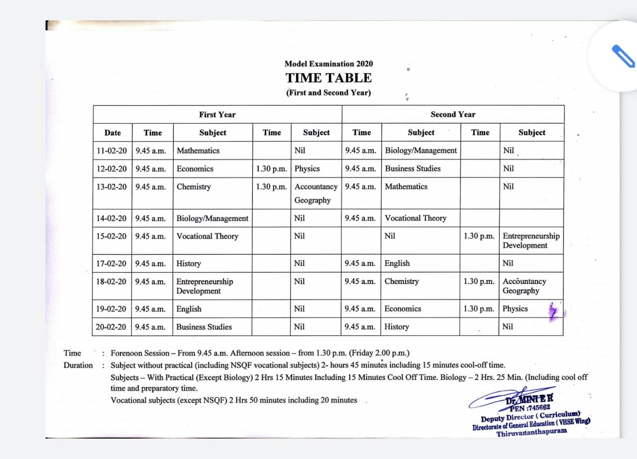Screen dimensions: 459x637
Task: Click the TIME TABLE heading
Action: (328, 78)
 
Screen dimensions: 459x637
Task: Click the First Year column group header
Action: (217, 114)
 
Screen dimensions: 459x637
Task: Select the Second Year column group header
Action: (453, 114)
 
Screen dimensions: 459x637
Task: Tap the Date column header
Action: (112, 133)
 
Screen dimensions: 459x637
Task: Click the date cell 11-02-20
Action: (112, 151)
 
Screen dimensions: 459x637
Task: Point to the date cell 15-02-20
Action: (112, 236)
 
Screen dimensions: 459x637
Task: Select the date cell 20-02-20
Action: (112, 327)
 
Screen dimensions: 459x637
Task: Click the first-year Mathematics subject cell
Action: (198, 151)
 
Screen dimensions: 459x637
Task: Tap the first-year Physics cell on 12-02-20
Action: (307, 169)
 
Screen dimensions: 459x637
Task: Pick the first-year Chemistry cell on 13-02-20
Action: (194, 187)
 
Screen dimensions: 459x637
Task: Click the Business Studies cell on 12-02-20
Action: (413, 169)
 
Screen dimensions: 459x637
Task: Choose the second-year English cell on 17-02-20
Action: (397, 263)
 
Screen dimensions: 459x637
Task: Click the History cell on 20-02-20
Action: (397, 327)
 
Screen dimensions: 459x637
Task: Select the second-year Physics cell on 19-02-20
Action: (515, 309)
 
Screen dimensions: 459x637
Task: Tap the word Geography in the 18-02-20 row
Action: (521, 291)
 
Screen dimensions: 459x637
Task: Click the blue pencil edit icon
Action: (622, 56)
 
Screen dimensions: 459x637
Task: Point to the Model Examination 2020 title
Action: (328, 64)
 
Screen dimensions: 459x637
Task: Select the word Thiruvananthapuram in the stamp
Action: (531, 432)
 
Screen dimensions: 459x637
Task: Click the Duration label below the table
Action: (78, 366)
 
